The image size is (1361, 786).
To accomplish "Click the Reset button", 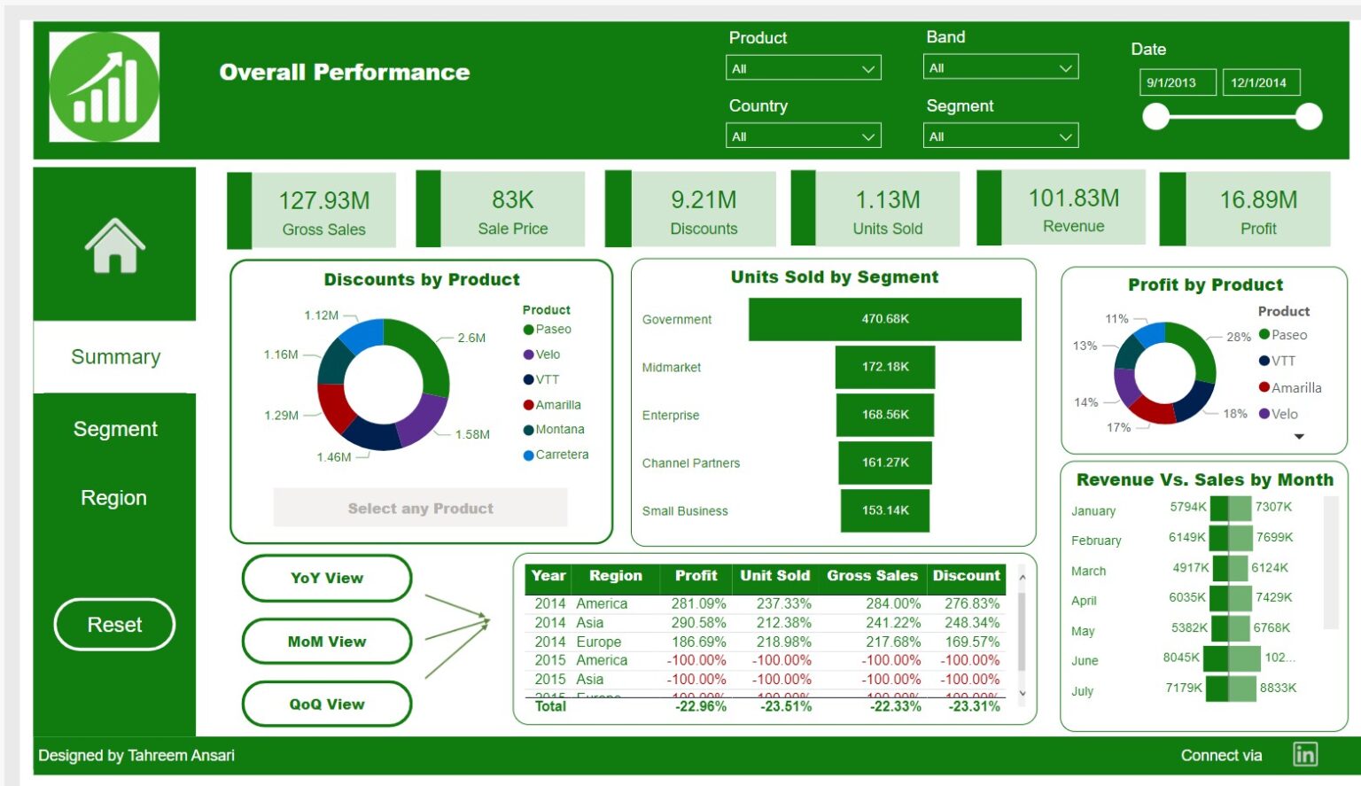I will pyautogui.click(x=114, y=625).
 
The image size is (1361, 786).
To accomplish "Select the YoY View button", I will pyautogui.click(x=326, y=578).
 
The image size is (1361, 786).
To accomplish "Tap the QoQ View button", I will pyautogui.click(x=326, y=704).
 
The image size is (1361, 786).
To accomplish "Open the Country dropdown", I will pyautogui.click(x=803, y=136).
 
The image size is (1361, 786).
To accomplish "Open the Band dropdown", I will pyautogui.click(x=1000, y=68).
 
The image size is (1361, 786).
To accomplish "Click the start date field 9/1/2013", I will pyautogui.click(x=1176, y=82).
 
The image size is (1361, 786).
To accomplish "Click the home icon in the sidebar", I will pyautogui.click(x=114, y=245).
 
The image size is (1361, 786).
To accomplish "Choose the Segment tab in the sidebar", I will pyautogui.click(x=114, y=429).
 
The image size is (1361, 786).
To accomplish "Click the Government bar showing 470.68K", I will pyautogui.click(x=884, y=319).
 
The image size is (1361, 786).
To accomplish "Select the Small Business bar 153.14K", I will pyautogui.click(x=884, y=510).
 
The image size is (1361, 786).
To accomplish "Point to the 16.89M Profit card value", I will pyautogui.click(x=1258, y=200).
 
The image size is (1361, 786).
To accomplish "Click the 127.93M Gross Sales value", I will pyautogui.click(x=324, y=201).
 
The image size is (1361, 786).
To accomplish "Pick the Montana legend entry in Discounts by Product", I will pyautogui.click(x=559, y=430).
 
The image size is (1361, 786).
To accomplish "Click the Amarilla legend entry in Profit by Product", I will pyautogui.click(x=1295, y=388).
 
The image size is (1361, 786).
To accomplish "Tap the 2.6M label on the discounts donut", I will pyautogui.click(x=471, y=338).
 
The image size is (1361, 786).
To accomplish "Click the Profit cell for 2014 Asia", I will pyautogui.click(x=698, y=623).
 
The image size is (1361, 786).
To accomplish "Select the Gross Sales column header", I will pyautogui.click(x=872, y=576).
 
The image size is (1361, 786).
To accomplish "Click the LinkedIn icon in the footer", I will pyautogui.click(x=1304, y=755).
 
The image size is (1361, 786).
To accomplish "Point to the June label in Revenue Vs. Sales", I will pyautogui.click(x=1085, y=661).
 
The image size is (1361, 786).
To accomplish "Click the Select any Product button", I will pyautogui.click(x=420, y=509).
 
